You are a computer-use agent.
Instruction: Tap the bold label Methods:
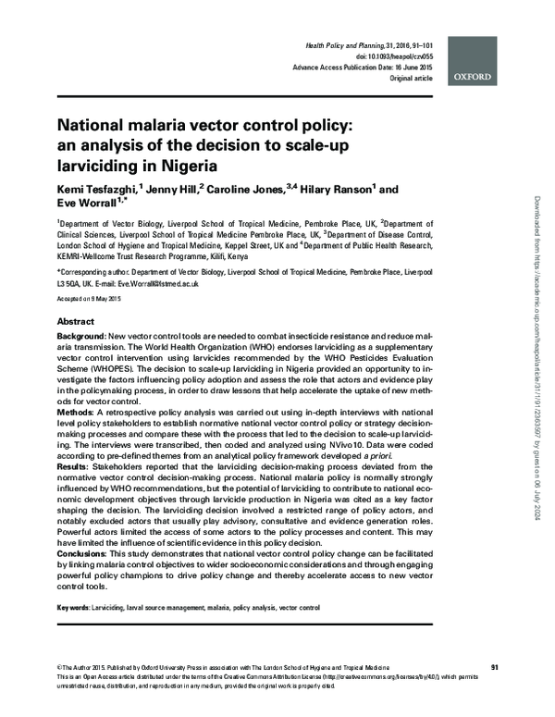pos(80,408)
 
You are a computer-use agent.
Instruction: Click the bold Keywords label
pos(73,608)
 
